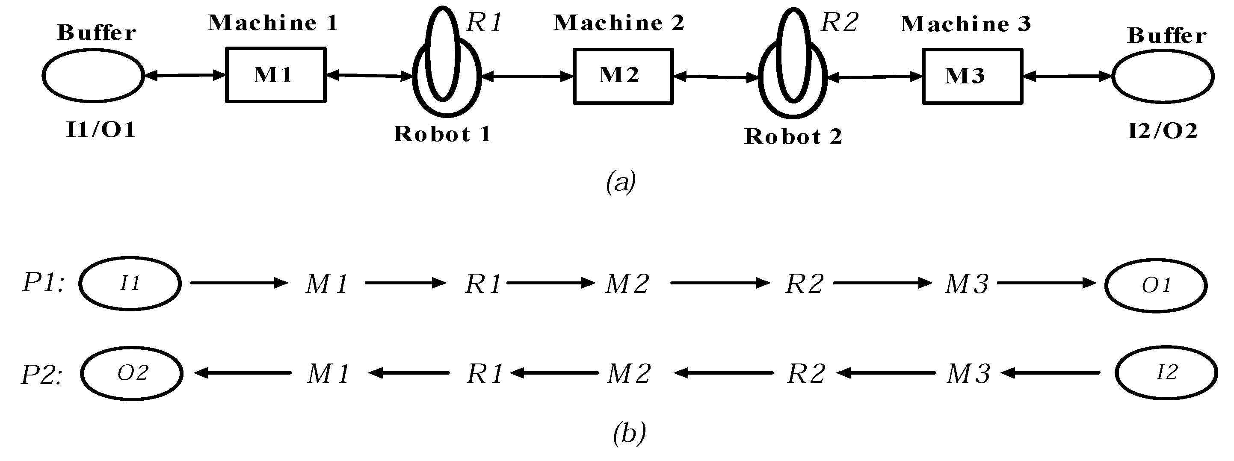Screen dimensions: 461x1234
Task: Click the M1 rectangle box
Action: pos(275,75)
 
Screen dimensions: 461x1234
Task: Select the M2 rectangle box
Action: pos(623,76)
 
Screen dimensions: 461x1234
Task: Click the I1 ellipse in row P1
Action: pos(130,284)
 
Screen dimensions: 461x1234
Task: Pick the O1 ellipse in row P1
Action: pos(1155,286)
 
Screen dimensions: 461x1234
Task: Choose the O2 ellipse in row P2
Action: pos(132,373)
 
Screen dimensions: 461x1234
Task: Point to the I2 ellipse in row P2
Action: pos(1166,373)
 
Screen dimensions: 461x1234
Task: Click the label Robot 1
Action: pos(442,134)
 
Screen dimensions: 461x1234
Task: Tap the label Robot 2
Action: pos(793,137)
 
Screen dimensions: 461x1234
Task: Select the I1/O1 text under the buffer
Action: pos(101,130)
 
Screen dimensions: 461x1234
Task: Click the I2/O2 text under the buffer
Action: pos(1163,131)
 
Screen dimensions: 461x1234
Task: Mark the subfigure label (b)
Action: pos(629,433)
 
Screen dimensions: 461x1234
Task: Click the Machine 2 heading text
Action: pos(618,23)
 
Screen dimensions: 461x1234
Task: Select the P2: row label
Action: pos(41,374)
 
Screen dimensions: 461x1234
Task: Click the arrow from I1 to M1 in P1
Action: pos(239,283)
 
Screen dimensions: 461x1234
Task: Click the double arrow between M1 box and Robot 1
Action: pos(369,75)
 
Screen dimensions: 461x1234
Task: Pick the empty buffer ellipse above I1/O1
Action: pos(93,76)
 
